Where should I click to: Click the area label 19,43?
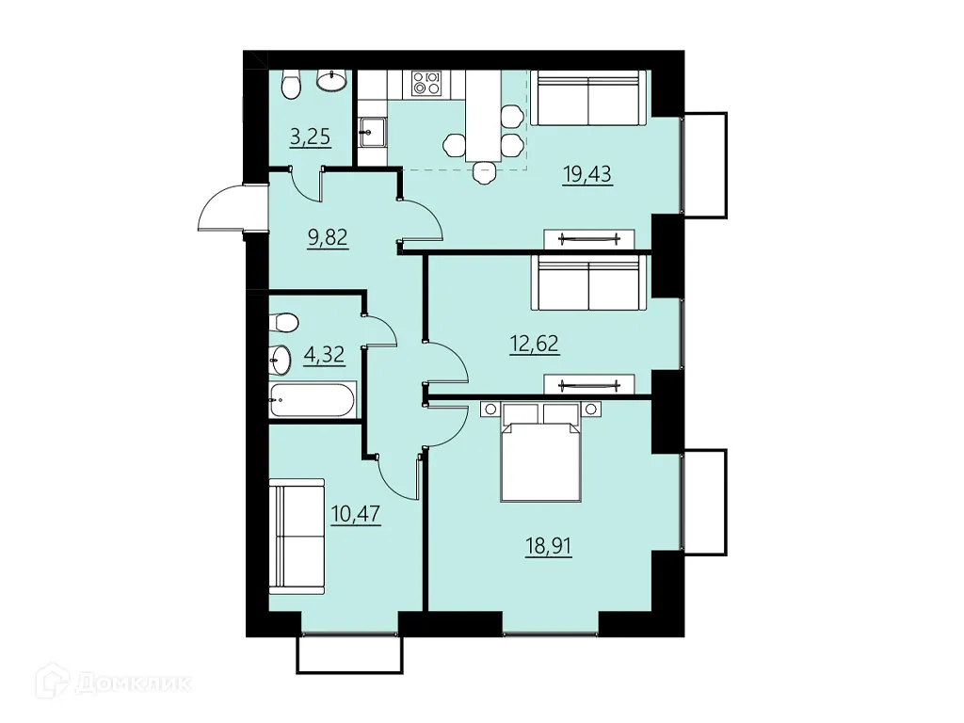click(587, 175)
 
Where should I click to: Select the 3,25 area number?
click(310, 137)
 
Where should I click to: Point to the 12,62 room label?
click(535, 344)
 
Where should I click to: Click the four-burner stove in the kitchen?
click(426, 84)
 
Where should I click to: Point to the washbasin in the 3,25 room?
click(331, 81)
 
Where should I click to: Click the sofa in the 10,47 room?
click(297, 536)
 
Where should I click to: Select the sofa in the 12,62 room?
click(589, 281)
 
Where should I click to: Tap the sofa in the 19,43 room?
click(589, 98)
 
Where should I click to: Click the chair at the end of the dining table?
click(484, 172)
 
